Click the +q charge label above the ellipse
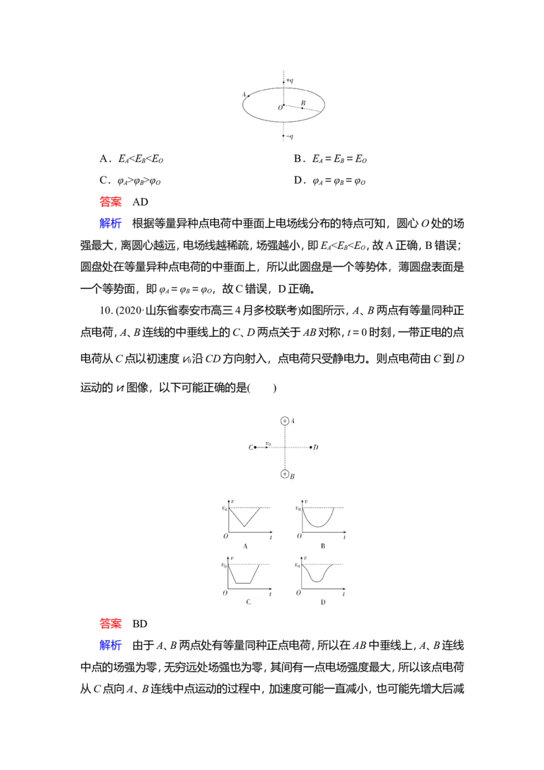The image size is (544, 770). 290,81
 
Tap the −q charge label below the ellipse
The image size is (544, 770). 290,137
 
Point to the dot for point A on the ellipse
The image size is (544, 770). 249,96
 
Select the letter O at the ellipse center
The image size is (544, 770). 279,107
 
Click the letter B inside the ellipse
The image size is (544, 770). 303,103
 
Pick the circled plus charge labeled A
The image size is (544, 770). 284,421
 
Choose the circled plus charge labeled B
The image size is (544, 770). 284,473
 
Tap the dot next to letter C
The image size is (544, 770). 255,447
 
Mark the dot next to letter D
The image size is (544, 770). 311,447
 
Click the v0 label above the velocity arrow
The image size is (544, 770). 268,443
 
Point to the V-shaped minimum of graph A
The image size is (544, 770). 244,526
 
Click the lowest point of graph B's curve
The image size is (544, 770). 318,526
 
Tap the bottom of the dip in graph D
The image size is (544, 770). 318,582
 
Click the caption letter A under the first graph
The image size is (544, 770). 244,546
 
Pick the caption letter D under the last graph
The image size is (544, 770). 322,602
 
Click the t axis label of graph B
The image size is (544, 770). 344,537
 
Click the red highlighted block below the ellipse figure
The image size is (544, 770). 111,201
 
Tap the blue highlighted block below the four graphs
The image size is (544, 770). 111,644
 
